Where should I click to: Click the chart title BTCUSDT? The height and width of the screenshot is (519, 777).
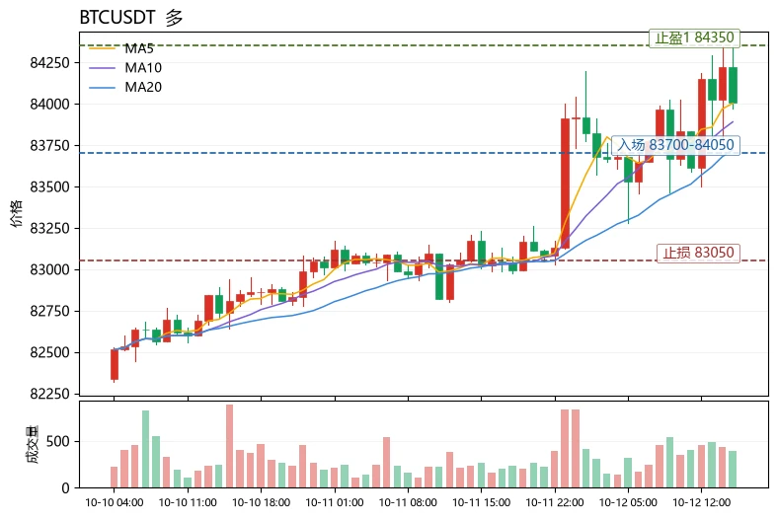(x=117, y=18)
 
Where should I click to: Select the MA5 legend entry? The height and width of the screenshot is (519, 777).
(x=121, y=48)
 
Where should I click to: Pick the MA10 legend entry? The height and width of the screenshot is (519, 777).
(x=125, y=68)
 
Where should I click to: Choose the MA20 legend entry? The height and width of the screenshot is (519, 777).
(x=125, y=87)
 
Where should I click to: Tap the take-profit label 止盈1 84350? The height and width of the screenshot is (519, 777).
(x=694, y=37)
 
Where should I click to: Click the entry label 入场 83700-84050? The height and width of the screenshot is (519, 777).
(x=675, y=145)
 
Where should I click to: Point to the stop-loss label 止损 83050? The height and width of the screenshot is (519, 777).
(x=698, y=253)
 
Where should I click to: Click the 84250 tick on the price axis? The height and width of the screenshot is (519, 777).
(x=50, y=63)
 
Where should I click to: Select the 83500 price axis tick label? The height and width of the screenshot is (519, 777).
(x=50, y=187)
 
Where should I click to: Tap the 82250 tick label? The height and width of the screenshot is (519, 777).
(x=50, y=395)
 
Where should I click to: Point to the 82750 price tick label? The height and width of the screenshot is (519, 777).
(x=50, y=312)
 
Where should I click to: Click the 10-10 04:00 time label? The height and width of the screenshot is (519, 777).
(x=115, y=502)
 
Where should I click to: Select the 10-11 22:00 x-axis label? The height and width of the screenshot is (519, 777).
(x=555, y=502)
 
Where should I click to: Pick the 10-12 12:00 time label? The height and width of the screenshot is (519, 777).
(x=702, y=502)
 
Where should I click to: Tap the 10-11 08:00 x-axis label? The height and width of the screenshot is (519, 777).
(x=409, y=502)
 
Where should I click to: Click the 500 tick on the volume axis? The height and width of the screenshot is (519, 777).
(x=58, y=442)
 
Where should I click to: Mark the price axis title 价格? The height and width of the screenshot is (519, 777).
(x=17, y=213)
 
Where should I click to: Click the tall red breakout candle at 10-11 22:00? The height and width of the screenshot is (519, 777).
(x=566, y=183)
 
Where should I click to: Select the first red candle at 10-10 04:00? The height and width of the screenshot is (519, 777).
(x=115, y=365)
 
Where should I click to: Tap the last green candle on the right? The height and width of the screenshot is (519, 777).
(x=733, y=85)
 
